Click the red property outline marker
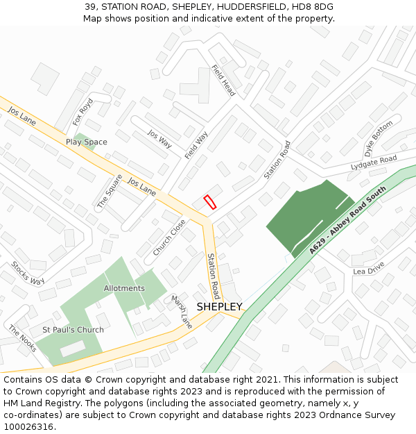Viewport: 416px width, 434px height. coord(209,202)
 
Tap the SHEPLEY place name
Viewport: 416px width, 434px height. coord(219,307)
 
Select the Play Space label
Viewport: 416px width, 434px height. coord(87,142)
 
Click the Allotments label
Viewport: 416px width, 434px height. coord(124,288)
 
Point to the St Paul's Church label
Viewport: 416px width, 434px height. coord(73,330)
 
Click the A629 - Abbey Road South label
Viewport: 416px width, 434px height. coord(347,219)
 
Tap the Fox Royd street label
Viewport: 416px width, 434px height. coord(83,112)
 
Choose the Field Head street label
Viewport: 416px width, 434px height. coord(223,81)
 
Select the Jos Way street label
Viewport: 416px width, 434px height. coord(159,139)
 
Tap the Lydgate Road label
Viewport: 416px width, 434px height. coord(374,162)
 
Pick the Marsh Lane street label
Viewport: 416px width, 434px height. coord(182,312)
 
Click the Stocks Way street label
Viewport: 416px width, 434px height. coord(28,273)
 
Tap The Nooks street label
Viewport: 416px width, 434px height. coord(22,338)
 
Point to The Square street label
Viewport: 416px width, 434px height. coord(110,191)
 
